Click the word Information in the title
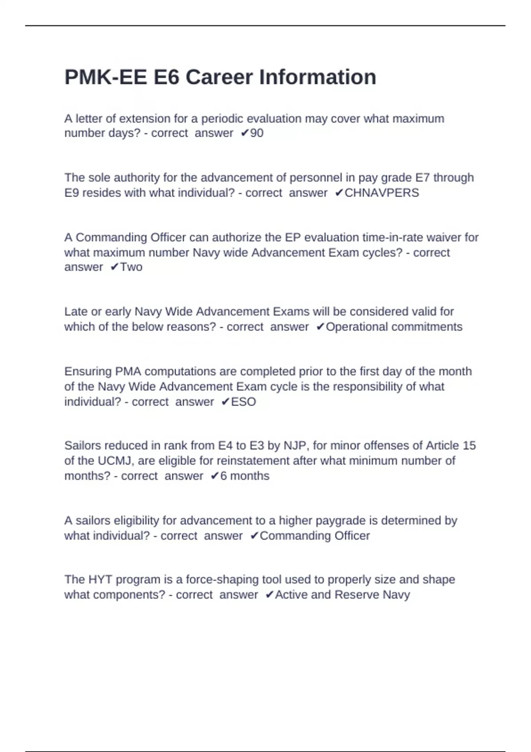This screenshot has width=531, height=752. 317,77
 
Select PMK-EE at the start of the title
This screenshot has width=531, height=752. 106,77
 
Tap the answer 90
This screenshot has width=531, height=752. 257,133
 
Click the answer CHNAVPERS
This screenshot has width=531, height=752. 381,193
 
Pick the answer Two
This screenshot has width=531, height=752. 131,267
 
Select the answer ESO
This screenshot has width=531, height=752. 243,402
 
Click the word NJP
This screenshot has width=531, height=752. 292,445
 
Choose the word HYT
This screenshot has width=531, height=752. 100,579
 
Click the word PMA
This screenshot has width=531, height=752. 128,372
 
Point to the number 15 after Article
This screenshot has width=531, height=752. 469,445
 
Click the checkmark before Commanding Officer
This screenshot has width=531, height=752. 254,536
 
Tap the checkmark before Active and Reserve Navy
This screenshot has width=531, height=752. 269,595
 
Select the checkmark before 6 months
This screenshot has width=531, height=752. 215,476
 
